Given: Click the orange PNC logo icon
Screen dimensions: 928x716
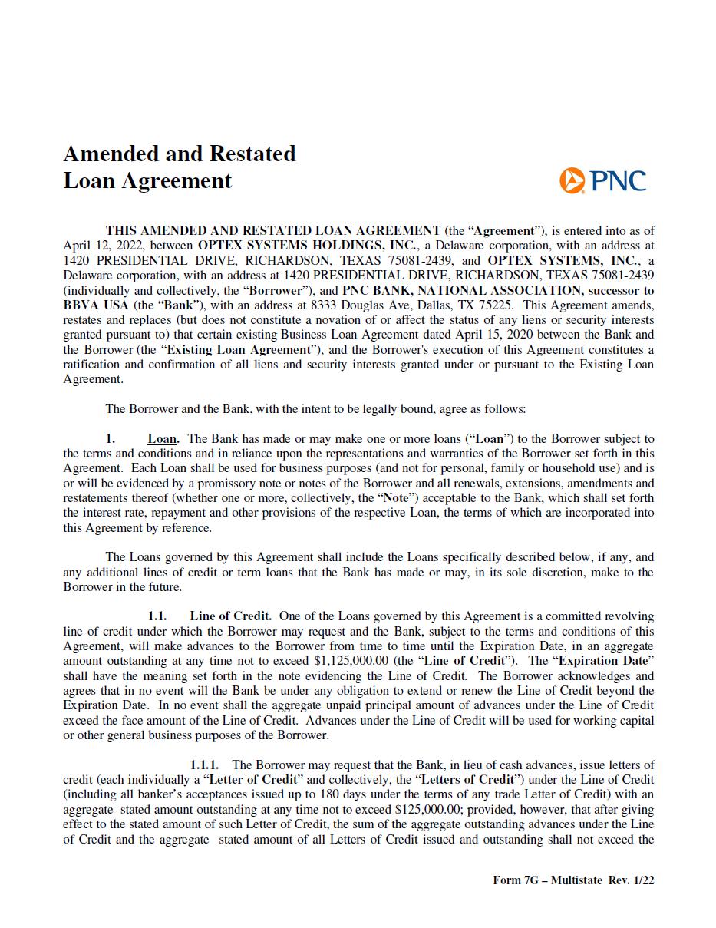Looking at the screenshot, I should coord(572,180).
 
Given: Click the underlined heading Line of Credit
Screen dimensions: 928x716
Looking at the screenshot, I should coord(229,616).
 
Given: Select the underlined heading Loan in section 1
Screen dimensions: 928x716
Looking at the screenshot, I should coord(162,439).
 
